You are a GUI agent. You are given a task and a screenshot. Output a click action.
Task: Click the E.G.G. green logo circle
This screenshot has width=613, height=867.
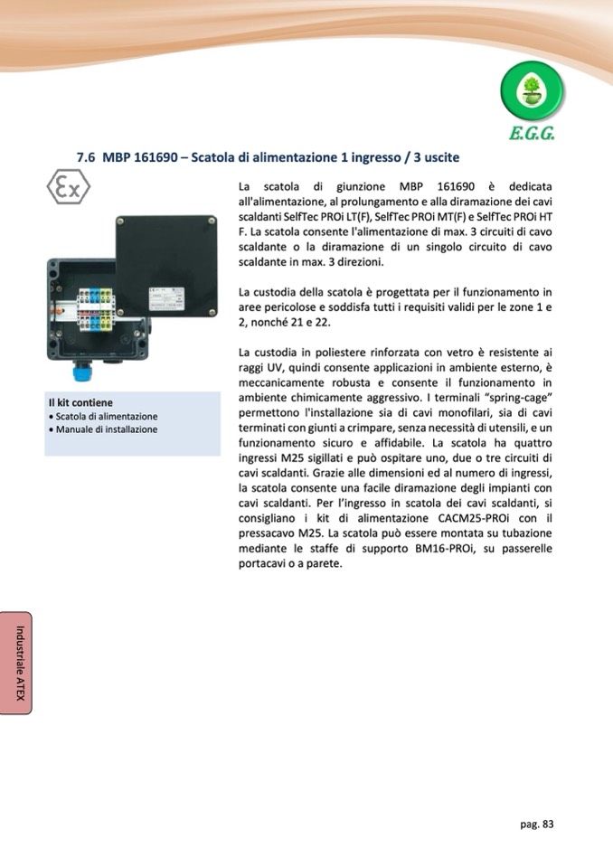coord(532,92)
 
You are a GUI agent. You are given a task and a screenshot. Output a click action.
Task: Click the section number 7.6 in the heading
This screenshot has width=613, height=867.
coord(86,157)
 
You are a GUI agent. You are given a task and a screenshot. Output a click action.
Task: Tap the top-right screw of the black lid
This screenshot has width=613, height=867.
coord(210,221)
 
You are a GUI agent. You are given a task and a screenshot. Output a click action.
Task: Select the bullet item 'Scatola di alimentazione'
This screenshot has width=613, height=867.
coord(107,416)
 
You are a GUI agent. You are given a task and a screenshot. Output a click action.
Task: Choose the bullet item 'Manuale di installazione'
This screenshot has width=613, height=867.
coord(107,429)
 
